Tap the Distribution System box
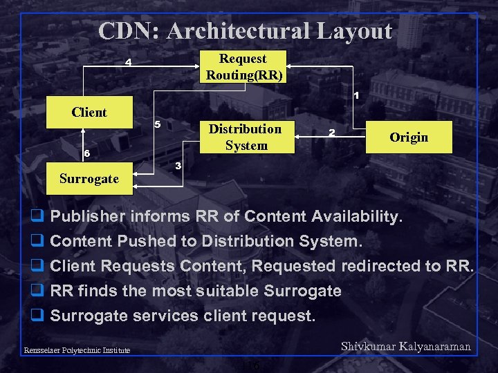click(x=246, y=137)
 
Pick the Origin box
click(x=408, y=137)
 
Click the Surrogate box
click(x=89, y=179)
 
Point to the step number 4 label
click(x=128, y=64)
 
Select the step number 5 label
click(x=157, y=125)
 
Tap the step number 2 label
click(x=332, y=133)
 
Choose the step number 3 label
click(x=178, y=166)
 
